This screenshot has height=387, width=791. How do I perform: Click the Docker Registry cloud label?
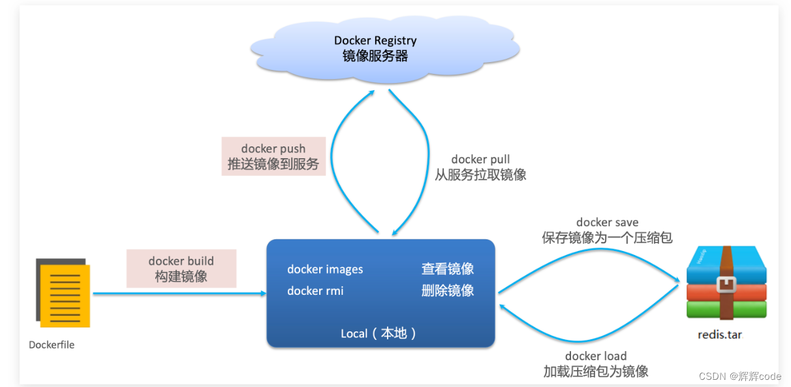point(375,41)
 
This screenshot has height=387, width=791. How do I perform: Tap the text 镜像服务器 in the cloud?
point(375,56)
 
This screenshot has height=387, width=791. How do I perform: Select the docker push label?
point(273,149)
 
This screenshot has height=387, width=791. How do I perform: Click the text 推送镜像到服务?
point(273,164)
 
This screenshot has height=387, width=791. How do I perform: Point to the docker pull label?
point(480,160)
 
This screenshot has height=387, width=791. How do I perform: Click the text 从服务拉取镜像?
point(480,175)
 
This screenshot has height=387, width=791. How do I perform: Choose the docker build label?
point(181,261)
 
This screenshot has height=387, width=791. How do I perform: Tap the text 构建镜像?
point(181,276)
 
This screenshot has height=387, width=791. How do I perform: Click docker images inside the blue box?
point(325,269)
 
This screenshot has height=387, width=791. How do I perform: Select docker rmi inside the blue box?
point(315,291)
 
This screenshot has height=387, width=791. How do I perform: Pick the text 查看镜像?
point(447,269)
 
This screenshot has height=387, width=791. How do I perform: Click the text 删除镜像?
point(447,291)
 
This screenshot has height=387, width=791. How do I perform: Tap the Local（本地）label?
point(379,333)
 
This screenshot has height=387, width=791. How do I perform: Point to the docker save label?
point(607,223)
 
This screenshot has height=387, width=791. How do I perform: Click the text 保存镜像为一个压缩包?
point(607,238)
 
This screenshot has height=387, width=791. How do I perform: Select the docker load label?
point(595,356)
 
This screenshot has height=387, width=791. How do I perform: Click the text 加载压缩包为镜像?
point(595,371)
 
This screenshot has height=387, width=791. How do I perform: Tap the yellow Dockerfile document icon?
point(65,295)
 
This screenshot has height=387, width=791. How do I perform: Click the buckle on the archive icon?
point(726,284)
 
